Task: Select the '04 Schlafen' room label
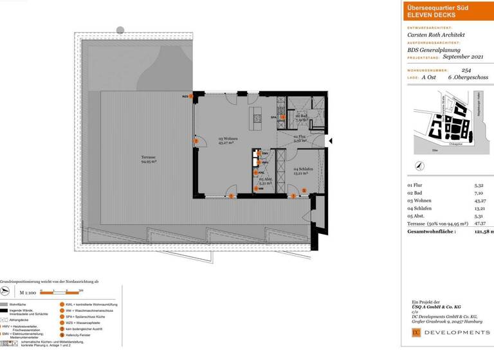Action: [304, 170]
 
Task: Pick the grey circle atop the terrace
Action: [120, 30]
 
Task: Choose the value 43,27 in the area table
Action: [480, 201]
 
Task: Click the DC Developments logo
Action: [450, 332]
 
